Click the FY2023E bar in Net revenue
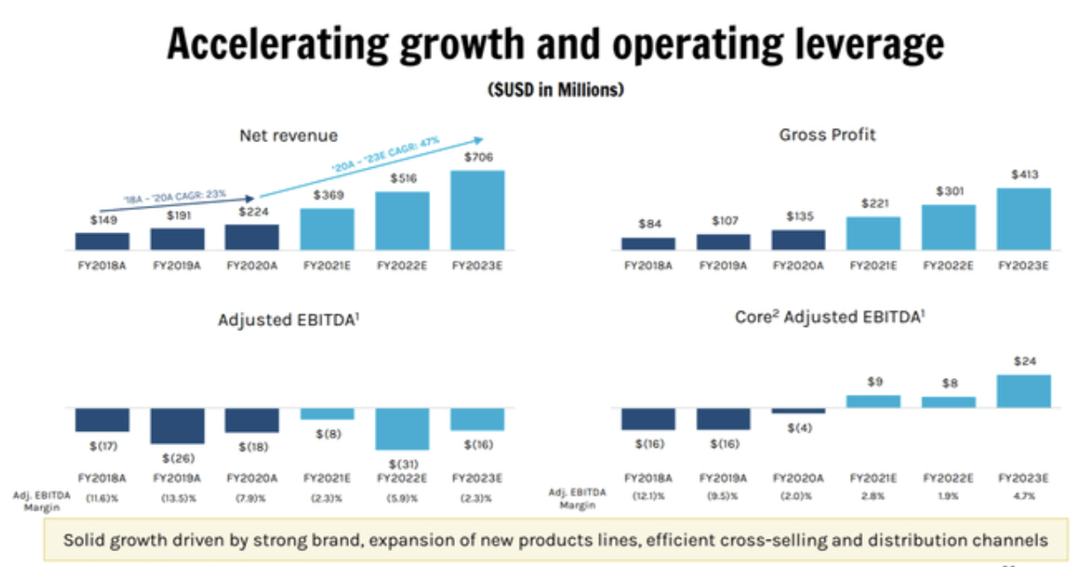(477, 209)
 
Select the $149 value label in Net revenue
(102, 220)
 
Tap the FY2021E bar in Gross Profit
(873, 232)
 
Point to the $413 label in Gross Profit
(1024, 175)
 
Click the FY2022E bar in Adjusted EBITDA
(402, 429)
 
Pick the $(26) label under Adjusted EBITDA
(178, 457)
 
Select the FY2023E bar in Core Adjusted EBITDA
(1024, 391)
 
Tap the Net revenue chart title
(289, 135)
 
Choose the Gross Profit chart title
(828, 135)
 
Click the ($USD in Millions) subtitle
(554, 90)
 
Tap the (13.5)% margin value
(178, 498)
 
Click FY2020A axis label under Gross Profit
(798, 264)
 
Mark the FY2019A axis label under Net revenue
(178, 264)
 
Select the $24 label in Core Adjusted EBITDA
(1024, 361)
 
